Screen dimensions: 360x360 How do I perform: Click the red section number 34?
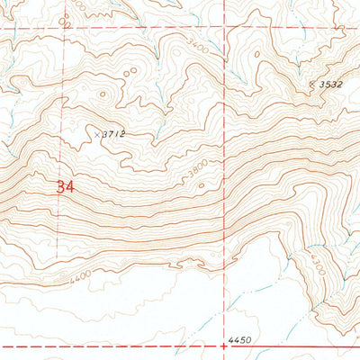[x=64, y=187]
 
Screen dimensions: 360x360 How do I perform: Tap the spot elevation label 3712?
[x=112, y=134]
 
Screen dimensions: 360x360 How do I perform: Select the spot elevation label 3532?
[x=332, y=84]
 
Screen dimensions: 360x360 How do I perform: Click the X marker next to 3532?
[x=312, y=83]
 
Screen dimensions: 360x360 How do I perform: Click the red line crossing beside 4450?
[x=222, y=346]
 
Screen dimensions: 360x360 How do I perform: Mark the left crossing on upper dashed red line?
[x=63, y=29]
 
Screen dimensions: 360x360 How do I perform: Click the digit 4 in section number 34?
[x=68, y=187]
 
